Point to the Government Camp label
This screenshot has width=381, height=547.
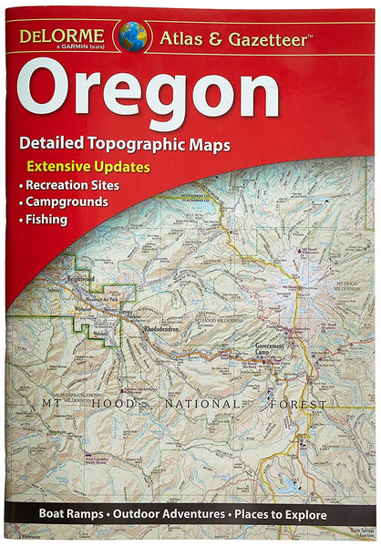click(x=272, y=350)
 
